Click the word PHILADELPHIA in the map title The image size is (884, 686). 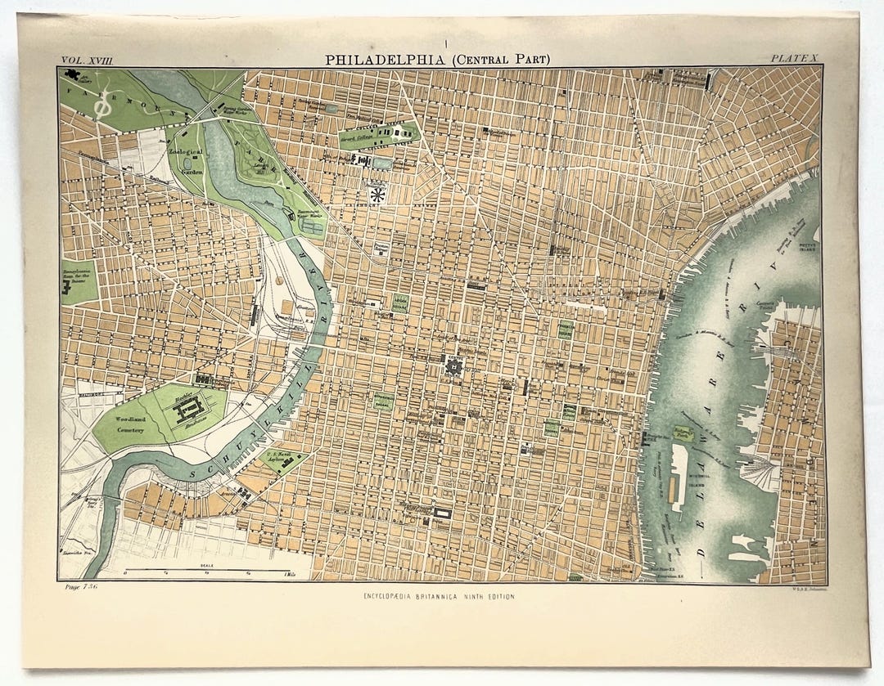tap(379, 60)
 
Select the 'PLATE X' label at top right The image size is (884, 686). tap(795, 59)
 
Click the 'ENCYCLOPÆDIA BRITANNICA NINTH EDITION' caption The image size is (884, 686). tap(440, 597)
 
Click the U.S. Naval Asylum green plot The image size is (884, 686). tap(283, 460)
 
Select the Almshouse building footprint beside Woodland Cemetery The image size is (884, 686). tap(187, 413)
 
